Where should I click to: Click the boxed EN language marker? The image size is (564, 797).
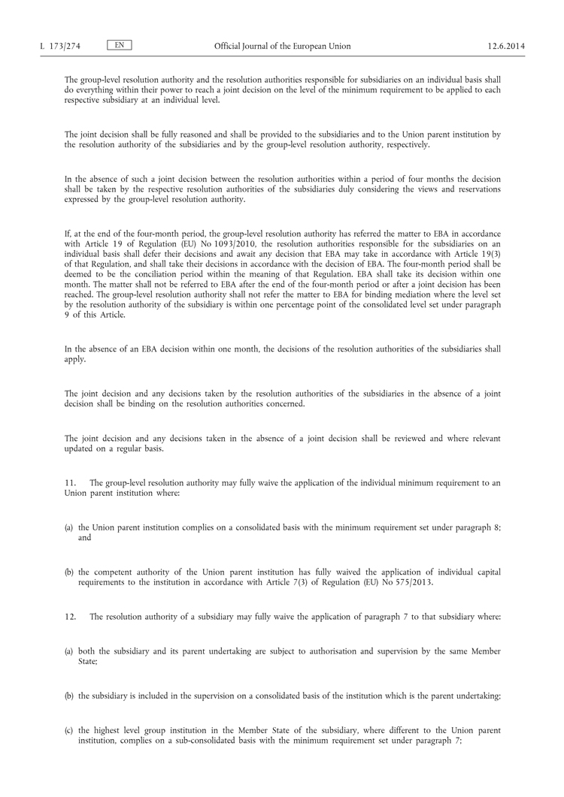119,45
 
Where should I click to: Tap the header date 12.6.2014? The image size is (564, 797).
506,47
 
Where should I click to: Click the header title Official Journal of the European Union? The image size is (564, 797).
282,47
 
